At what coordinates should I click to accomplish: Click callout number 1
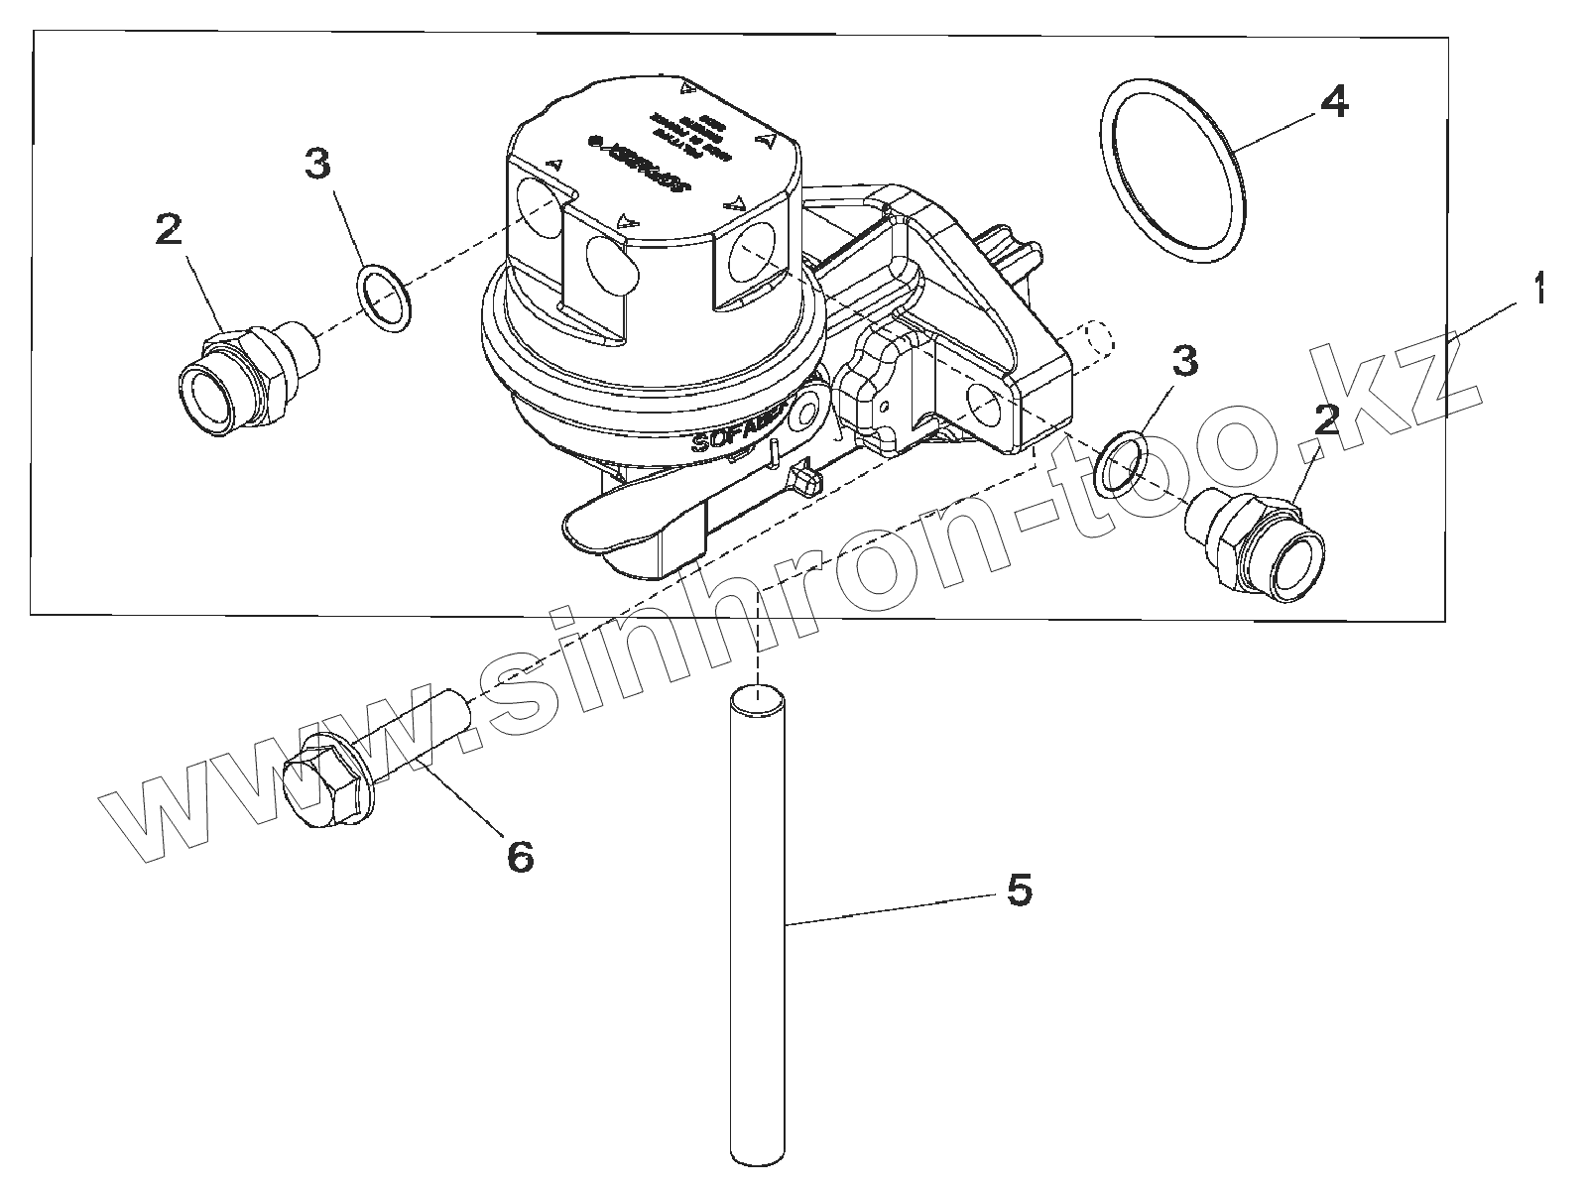tap(1537, 291)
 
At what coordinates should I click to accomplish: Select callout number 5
tap(1020, 890)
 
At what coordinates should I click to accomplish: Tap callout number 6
tap(520, 854)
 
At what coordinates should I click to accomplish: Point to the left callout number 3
tap(317, 165)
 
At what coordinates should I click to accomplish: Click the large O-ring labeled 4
tap(1172, 175)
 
